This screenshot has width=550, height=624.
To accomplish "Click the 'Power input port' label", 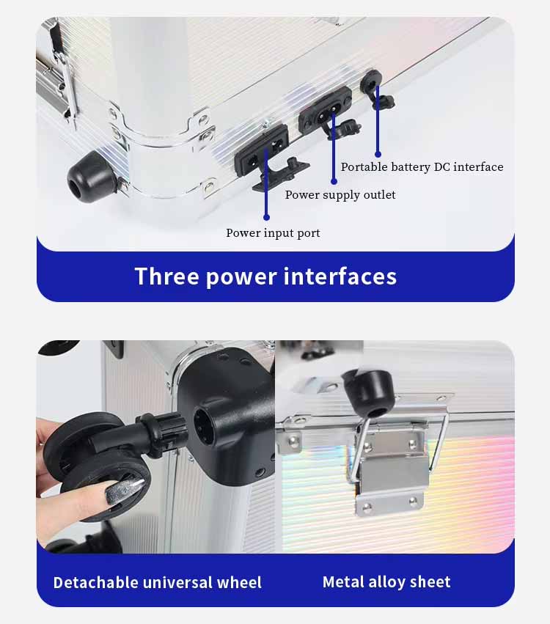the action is tap(273, 233).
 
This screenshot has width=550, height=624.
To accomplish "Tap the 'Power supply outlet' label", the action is tap(340, 195).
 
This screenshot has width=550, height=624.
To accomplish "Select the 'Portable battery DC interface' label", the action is tap(422, 166).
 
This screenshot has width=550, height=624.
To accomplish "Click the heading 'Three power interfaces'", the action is tap(266, 276).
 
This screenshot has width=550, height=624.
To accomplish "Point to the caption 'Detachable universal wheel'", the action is tap(158, 583).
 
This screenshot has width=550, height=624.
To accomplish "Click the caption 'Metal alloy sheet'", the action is tap(386, 582).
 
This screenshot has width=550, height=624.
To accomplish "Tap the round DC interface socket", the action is tap(371, 83).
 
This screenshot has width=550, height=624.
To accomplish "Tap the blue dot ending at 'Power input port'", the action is tap(267, 217).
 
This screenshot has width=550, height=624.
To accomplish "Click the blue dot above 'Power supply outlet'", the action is tap(334, 181).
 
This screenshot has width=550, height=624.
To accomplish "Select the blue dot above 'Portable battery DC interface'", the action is tap(378, 154).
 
